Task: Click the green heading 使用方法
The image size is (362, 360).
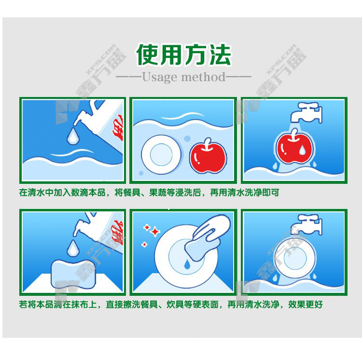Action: tap(183, 55)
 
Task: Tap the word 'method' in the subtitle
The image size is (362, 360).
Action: tap(203, 77)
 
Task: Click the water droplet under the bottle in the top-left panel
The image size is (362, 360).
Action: tap(73, 136)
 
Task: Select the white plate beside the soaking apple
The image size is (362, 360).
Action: tap(161, 154)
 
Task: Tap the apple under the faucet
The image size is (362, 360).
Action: tap(294, 147)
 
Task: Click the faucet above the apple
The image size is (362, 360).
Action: tap(306, 112)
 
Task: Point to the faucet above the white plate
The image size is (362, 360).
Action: tap(306, 224)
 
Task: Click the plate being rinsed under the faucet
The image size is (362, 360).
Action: tap(295, 258)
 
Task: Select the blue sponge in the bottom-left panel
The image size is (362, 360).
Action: tap(73, 274)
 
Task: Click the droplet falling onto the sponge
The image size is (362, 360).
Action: tap(73, 248)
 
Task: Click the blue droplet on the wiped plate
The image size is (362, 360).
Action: tap(187, 264)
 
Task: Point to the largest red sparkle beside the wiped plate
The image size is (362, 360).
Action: tap(155, 231)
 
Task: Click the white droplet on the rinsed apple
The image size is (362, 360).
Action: tap(302, 150)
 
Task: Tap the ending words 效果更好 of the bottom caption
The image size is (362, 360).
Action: tap(305, 305)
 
